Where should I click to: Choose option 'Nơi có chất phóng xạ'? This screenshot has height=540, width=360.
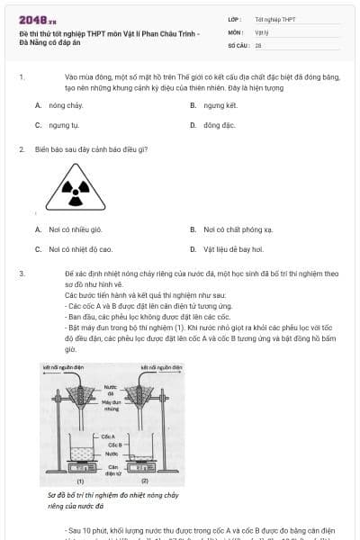pyautogui.click(x=238, y=229)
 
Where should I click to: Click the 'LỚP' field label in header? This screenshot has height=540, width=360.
pyautogui.click(x=234, y=18)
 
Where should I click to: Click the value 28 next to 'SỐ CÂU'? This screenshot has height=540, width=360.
pyautogui.click(x=258, y=44)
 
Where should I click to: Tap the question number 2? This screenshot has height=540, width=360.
pyautogui.click(x=21, y=148)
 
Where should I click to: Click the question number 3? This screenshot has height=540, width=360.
pyautogui.click(x=21, y=271)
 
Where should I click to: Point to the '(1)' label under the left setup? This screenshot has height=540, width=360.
pyautogui.click(x=80, y=482)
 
